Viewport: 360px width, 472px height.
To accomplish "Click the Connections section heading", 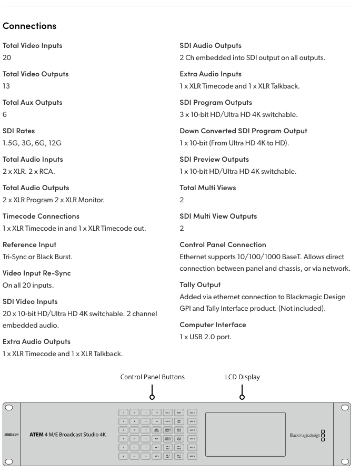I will (x=29, y=25).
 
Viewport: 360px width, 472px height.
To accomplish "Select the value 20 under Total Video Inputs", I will (x=7, y=57).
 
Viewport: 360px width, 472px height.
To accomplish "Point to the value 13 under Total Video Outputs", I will (x=6, y=86).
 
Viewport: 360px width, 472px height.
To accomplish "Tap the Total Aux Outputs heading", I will (x=33, y=102).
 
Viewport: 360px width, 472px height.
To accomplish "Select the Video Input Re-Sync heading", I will (x=37, y=273).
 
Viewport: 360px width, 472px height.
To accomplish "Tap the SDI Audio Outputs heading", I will (x=211, y=45).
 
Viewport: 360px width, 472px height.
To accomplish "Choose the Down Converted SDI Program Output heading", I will (x=243, y=131).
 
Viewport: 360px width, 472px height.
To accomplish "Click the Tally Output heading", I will (x=200, y=284).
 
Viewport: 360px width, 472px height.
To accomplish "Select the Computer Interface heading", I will (x=213, y=324).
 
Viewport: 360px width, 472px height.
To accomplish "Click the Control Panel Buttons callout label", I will (x=153, y=377).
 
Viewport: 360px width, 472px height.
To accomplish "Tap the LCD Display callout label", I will (x=242, y=377).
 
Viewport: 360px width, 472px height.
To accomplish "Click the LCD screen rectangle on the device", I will (x=245, y=434).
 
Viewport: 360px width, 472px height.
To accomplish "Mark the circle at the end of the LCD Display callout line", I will (x=242, y=398).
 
